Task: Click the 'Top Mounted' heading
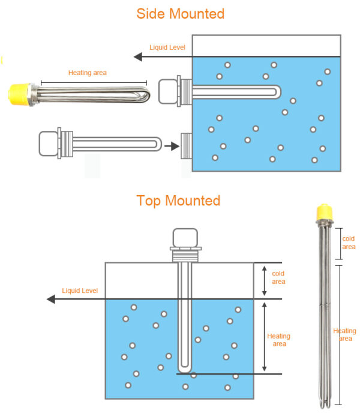point(178,200)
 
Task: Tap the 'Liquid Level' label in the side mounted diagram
point(167,47)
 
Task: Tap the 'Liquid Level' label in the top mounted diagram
point(80,291)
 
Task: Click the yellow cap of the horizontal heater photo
point(17,92)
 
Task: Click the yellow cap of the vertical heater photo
point(324,212)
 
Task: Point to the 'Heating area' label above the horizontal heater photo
point(88,73)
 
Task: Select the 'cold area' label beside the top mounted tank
point(278,277)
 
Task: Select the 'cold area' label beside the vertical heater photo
point(348,243)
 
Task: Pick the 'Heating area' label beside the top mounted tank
point(278,340)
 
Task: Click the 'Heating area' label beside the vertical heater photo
point(344,335)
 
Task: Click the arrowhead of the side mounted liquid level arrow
point(138,57)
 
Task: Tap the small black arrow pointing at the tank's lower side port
point(172,145)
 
